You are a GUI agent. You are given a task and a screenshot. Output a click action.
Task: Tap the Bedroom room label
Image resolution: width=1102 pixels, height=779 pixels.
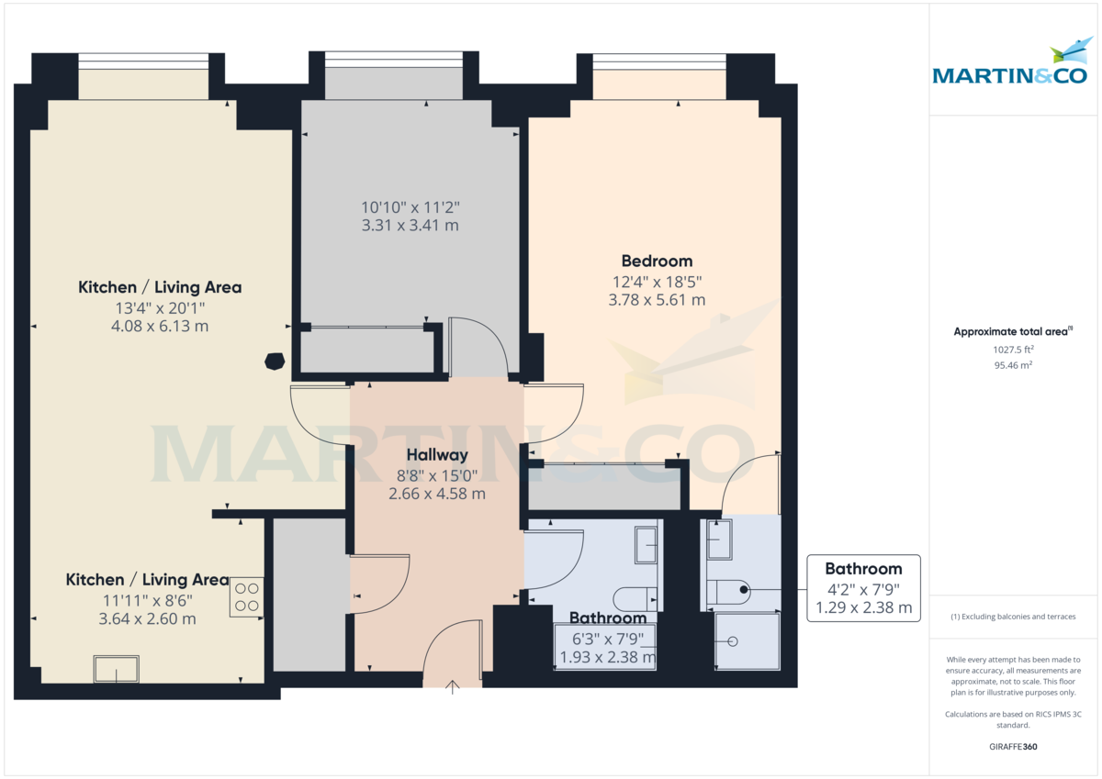pyautogui.click(x=657, y=261)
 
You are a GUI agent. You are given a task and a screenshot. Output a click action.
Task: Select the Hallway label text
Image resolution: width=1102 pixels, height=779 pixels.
pyautogui.click(x=437, y=454)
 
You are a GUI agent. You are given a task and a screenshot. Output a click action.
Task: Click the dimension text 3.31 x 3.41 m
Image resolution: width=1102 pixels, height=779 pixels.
pyautogui.click(x=411, y=225)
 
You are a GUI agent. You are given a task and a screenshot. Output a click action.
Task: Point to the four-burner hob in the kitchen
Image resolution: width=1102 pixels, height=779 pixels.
pyautogui.click(x=246, y=596)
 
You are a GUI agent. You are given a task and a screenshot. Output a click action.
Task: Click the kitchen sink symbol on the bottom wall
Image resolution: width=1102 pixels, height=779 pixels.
pyautogui.click(x=117, y=669)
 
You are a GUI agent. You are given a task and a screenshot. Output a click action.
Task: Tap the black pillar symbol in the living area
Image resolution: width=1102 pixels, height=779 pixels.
pyautogui.click(x=274, y=361)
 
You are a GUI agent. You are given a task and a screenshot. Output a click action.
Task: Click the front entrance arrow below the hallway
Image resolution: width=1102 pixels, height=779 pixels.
pyautogui.click(x=452, y=687)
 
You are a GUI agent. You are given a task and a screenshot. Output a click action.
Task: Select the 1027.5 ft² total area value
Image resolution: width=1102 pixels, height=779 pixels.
pyautogui.click(x=1013, y=349)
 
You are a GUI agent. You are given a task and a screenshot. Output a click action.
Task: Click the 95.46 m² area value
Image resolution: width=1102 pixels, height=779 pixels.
pyautogui.click(x=1013, y=364)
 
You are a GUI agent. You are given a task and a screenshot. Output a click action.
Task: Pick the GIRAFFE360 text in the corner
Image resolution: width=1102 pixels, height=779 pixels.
pyautogui.click(x=1013, y=747)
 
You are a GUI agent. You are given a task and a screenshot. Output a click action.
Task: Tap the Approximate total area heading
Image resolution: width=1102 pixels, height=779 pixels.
pyautogui.click(x=1013, y=331)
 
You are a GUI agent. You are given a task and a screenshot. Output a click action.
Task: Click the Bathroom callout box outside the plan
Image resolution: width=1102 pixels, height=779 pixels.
pyautogui.click(x=863, y=588)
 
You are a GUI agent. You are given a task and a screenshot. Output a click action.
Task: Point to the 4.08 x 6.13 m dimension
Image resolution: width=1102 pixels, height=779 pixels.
pyautogui.click(x=160, y=326)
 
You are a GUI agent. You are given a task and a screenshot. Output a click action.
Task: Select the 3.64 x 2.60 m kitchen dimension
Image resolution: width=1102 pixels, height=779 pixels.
pyautogui.click(x=147, y=618)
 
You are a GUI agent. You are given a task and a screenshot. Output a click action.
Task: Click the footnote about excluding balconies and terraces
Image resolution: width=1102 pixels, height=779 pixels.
pyautogui.click(x=1013, y=617)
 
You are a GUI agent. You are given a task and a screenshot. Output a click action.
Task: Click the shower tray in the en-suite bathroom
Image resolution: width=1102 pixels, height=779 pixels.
pyautogui.click(x=747, y=640)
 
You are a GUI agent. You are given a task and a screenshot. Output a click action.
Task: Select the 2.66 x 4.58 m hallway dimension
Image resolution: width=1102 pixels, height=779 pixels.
pyautogui.click(x=437, y=494)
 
